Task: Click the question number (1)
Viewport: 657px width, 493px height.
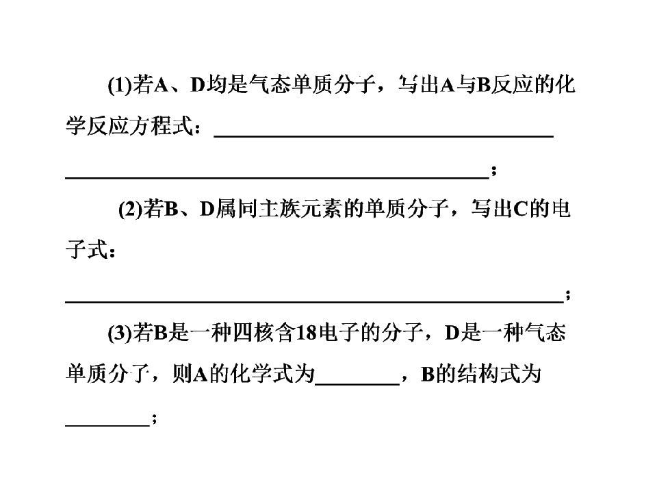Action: [120, 86]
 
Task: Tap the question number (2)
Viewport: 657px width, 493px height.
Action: [130, 210]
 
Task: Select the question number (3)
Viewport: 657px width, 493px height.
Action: [120, 333]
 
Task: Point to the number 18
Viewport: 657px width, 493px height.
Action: [307, 333]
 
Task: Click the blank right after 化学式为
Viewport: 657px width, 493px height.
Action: [357, 384]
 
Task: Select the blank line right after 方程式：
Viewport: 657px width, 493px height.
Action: [384, 136]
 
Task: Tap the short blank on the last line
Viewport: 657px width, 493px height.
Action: [107, 425]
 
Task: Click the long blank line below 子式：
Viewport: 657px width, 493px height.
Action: [314, 301]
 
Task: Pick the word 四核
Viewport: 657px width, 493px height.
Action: [253, 333]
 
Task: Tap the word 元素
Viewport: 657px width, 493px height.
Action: [322, 210]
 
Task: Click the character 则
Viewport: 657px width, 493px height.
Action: [182, 374]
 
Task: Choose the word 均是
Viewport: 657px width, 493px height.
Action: [227, 86]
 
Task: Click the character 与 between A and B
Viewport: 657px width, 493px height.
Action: [465, 86]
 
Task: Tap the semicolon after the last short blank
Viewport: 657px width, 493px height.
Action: [154, 418]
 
